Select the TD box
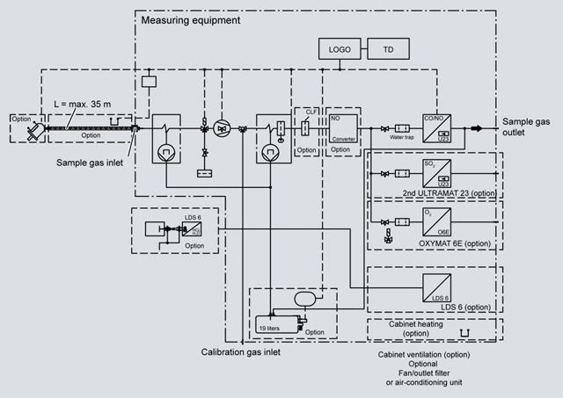coord(388,49)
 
